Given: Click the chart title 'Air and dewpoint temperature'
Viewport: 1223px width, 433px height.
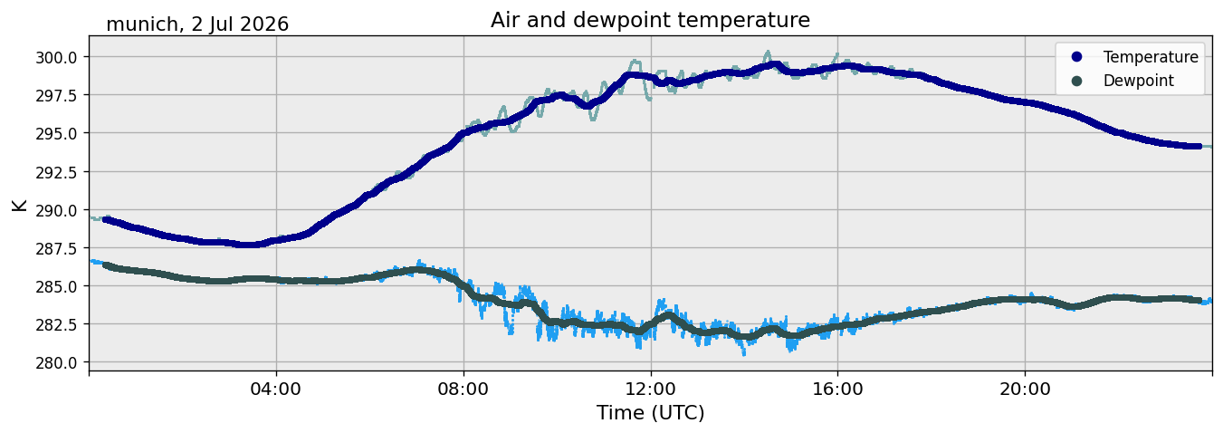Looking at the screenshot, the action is [x=650, y=21].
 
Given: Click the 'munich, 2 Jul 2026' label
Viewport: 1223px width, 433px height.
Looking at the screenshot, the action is [x=197, y=24].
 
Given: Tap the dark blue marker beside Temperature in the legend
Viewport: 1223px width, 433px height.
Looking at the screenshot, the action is [x=1076, y=57].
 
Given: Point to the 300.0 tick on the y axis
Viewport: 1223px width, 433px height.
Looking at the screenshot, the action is [x=56, y=57].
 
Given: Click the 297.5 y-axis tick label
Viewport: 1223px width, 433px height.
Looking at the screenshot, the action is [x=56, y=95].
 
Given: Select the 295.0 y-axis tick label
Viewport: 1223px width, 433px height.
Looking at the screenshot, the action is [x=56, y=134].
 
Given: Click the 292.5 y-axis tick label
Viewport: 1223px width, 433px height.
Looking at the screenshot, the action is [x=56, y=172].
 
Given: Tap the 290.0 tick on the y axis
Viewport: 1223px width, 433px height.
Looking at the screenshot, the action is [x=56, y=210].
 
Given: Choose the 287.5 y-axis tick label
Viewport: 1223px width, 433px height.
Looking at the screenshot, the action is [x=56, y=248].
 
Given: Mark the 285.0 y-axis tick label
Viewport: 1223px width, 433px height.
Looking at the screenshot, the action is [x=56, y=286].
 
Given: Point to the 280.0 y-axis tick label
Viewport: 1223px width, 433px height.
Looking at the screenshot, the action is [x=56, y=362].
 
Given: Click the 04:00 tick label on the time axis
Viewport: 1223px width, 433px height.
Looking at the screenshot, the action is [x=276, y=390].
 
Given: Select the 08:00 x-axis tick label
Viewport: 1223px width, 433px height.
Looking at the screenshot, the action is [x=463, y=390].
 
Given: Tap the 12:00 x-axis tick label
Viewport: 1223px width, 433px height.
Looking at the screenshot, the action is [x=651, y=390].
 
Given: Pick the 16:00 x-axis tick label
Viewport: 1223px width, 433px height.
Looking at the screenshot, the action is [x=837, y=390].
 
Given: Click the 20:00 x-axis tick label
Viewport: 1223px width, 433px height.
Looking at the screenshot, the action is [x=1025, y=390].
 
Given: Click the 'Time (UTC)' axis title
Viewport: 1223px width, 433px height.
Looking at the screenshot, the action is [x=650, y=413].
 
